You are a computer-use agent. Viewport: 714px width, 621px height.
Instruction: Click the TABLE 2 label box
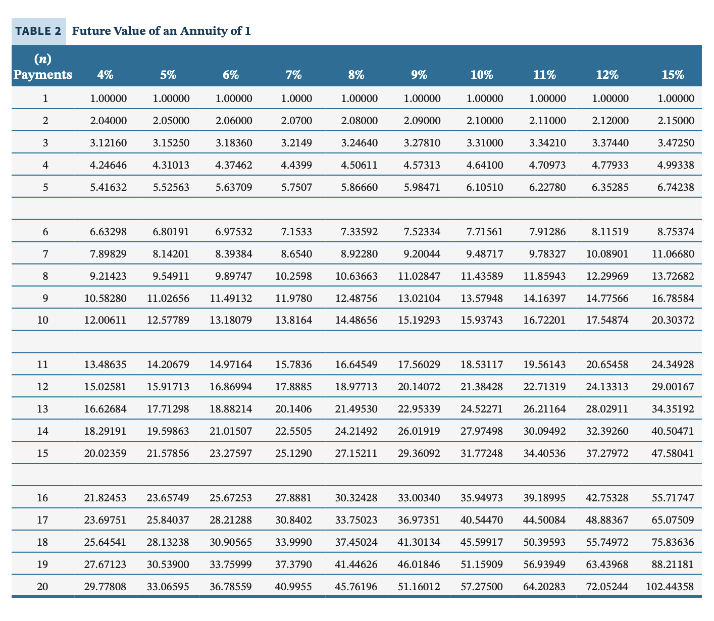pos(38,31)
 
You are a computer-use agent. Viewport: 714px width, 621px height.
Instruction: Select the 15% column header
pos(672,75)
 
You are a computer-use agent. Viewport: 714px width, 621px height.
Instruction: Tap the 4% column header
pos(106,75)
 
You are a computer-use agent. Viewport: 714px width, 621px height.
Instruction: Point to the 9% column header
pos(419,75)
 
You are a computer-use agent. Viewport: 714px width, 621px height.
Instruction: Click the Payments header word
pos(43,75)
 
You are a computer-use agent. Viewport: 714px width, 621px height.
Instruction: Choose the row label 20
pos(43,587)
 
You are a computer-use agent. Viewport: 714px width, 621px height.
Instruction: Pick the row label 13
pos(43,409)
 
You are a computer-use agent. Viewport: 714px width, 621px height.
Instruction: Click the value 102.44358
pos(670,587)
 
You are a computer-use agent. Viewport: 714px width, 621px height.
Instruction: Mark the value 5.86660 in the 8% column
pos(359,187)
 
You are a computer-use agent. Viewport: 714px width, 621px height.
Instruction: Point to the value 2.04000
pos(109,121)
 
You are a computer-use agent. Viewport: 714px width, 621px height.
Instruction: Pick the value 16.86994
pos(231,387)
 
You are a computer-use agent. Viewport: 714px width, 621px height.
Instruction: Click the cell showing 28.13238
pos(168,542)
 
